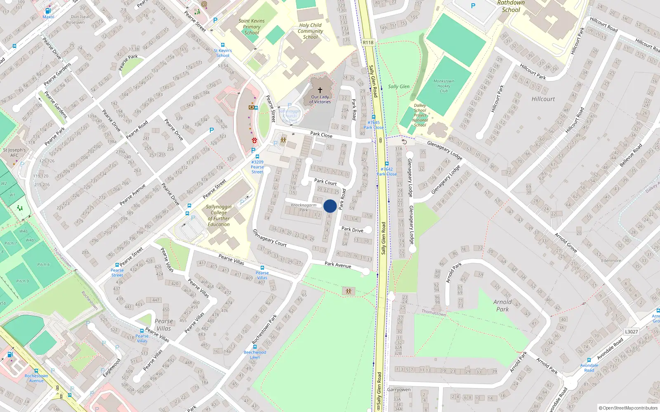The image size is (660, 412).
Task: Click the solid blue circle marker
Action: (330, 206)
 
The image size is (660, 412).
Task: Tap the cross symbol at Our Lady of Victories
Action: (320, 90)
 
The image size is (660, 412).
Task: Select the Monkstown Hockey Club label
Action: (444, 86)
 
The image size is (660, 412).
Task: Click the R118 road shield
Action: (368, 42)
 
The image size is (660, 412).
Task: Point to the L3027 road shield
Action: (631, 332)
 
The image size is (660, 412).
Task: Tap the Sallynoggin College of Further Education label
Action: (219, 215)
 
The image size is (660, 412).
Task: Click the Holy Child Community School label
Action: (310, 31)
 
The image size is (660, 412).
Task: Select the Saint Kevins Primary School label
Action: (252, 27)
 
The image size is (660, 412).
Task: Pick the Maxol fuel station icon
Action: (48, 11)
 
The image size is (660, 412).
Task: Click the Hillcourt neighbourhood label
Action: (543, 99)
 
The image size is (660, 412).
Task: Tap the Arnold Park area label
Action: (502, 305)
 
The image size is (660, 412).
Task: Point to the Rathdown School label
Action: (511, 6)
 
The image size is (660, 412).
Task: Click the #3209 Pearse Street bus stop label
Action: (257, 167)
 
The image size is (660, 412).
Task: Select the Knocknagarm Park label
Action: (304, 207)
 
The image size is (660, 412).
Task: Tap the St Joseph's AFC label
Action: (14, 152)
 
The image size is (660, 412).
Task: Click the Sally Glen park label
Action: (398, 87)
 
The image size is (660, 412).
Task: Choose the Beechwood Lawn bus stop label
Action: (255, 355)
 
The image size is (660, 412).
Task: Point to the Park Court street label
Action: (325, 182)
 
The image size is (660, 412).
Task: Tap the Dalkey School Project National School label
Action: (420, 115)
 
